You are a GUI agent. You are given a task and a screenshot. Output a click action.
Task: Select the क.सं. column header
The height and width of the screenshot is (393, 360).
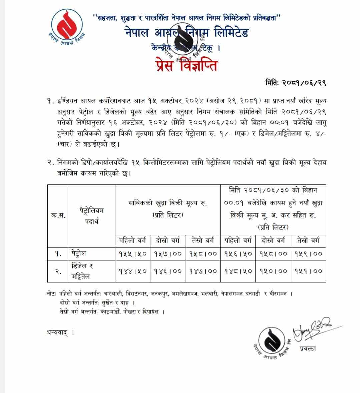pyautogui.click(x=58, y=216)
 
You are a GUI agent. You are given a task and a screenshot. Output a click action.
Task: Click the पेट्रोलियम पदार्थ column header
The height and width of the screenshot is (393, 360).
pyautogui.click(x=92, y=216)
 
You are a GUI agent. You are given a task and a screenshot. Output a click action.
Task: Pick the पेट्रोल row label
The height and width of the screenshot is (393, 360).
pyautogui.click(x=79, y=254)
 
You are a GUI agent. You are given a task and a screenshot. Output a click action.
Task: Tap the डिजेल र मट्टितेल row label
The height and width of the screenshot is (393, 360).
pyautogui.click(x=82, y=271)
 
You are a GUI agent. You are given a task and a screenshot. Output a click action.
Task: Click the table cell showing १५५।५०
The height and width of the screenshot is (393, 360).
pyautogui.click(x=133, y=254)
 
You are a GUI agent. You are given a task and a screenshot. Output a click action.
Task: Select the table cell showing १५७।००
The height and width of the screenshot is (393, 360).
pyautogui.click(x=168, y=254)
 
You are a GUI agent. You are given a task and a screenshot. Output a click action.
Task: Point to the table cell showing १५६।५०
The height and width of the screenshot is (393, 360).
pyautogui.click(x=238, y=254)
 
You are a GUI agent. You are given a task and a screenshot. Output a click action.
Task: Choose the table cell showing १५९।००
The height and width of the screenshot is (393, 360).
pyautogui.click(x=308, y=254)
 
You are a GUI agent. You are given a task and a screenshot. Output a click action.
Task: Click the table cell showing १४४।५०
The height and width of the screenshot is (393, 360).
pyautogui.click(x=133, y=271)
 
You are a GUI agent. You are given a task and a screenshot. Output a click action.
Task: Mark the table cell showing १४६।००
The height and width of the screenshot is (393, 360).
pyautogui.click(x=168, y=271)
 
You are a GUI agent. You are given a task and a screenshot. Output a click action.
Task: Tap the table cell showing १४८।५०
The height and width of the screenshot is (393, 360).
pyautogui.click(x=238, y=271)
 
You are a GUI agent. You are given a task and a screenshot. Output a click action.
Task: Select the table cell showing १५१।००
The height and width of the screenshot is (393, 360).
pyautogui.click(x=308, y=271)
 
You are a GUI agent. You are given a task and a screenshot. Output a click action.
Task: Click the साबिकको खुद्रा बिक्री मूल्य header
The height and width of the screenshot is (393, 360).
pyautogui.click(x=168, y=209)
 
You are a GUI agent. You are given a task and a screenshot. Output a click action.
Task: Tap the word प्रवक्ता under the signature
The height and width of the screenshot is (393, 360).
pyautogui.click(x=307, y=349)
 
